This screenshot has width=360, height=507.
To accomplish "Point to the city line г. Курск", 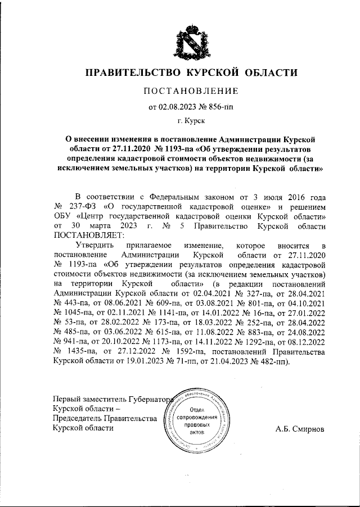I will point(191,120).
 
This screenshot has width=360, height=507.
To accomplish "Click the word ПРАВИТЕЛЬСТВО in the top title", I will point(130,73).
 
